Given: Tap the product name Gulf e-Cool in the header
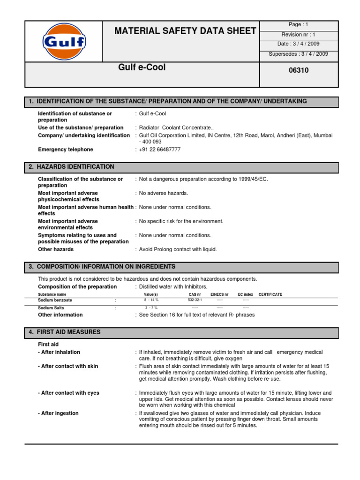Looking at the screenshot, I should coord(142,67).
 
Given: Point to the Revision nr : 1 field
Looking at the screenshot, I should coord(298,35).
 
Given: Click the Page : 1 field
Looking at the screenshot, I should coord(298,24).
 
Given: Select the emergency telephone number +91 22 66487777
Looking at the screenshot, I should coord(160,150).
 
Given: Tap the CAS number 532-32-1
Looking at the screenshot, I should coord(195,299).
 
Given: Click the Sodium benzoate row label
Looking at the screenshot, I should coord(55,300).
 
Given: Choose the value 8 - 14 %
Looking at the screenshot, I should coord(151,299).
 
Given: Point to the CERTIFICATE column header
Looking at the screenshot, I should coord(270,294).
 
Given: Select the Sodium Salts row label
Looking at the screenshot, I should coord(52,308).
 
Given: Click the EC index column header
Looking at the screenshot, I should coord(245,294).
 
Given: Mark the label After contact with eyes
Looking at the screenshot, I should coord(68,393).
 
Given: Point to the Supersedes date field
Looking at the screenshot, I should coord(298,54).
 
